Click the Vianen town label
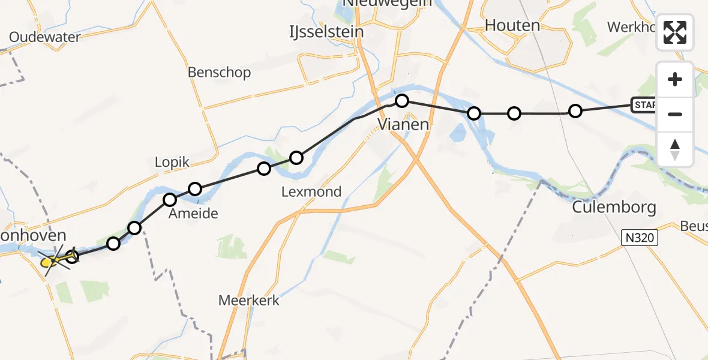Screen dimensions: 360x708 [403, 125]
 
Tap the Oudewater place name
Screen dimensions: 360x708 [44, 37]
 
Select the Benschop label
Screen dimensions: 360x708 [219, 73]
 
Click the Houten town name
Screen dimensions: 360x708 [512, 25]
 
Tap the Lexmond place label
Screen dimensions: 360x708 [311, 192]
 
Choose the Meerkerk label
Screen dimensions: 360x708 [249, 301]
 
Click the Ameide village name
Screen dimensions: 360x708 [193, 214]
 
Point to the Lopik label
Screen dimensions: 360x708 [172, 162]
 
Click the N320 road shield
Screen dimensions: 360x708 [640, 238]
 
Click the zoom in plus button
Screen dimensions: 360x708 [675, 79]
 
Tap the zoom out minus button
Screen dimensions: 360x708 [675, 114]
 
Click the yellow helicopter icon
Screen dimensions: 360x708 [52, 261]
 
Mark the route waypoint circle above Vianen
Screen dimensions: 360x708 [402, 101]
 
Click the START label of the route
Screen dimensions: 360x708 [644, 106]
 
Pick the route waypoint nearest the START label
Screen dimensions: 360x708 [575, 111]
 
